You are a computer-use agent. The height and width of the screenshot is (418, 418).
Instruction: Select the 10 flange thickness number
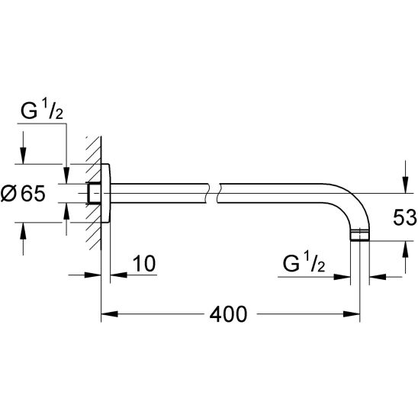(x=143, y=265)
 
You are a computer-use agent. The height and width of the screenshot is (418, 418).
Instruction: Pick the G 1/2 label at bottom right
(x=304, y=265)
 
